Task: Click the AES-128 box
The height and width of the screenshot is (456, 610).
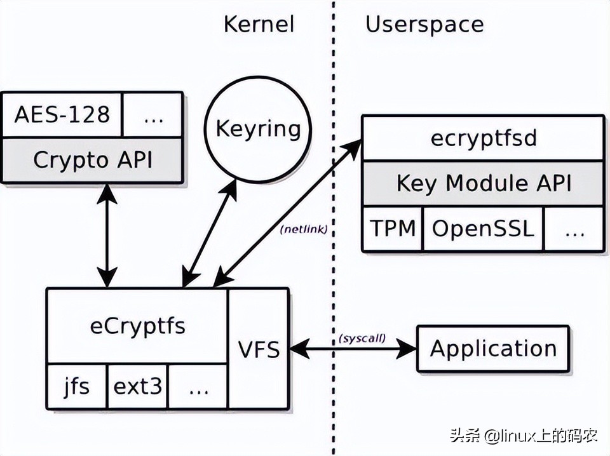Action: tap(62, 115)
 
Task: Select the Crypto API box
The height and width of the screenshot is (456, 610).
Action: tap(93, 160)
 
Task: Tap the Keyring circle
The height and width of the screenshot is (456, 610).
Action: tap(258, 129)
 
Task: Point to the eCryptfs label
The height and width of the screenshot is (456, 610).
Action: tap(137, 325)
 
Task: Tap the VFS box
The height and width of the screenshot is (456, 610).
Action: tap(259, 349)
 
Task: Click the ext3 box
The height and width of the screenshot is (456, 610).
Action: tap(137, 386)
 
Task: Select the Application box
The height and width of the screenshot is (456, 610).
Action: tap(493, 349)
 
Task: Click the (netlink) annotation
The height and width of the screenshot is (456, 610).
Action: tap(304, 230)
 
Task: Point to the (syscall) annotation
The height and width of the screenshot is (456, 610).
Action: tap(362, 337)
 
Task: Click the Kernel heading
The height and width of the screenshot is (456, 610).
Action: tap(259, 25)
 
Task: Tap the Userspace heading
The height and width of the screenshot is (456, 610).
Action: tap(424, 25)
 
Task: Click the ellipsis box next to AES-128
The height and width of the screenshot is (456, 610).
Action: tap(152, 115)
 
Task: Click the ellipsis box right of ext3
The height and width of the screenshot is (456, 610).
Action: tap(198, 386)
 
